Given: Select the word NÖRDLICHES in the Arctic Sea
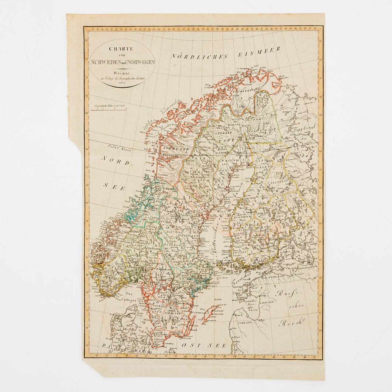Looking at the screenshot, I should tap(199, 56).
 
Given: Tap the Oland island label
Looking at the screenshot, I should tap(193, 329).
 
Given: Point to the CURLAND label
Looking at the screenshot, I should tap(245, 322).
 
